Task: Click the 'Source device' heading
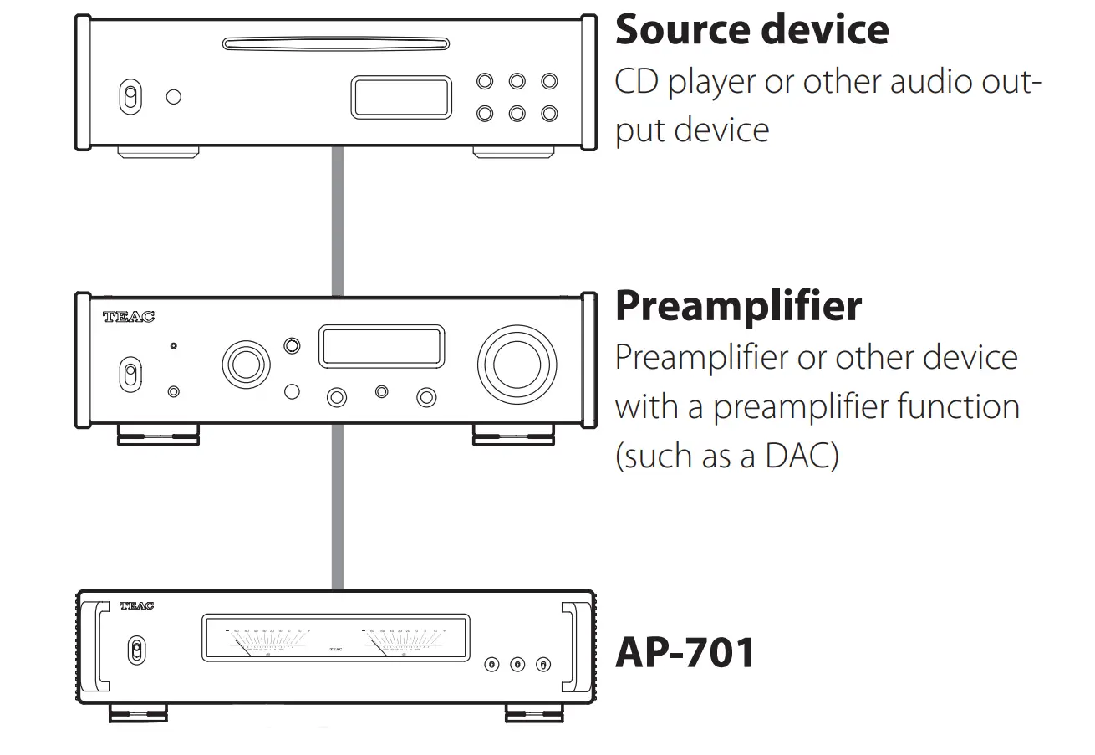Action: tap(751, 30)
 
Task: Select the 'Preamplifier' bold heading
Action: tap(738, 306)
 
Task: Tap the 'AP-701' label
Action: tap(685, 652)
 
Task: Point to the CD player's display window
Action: tap(400, 97)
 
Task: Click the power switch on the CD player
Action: tap(129, 96)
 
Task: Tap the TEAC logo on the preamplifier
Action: tap(128, 317)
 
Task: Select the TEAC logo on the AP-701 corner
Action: tap(136, 605)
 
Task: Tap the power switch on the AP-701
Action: tap(136, 650)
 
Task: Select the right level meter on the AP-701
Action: tap(406, 640)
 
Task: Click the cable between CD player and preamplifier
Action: tap(338, 222)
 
